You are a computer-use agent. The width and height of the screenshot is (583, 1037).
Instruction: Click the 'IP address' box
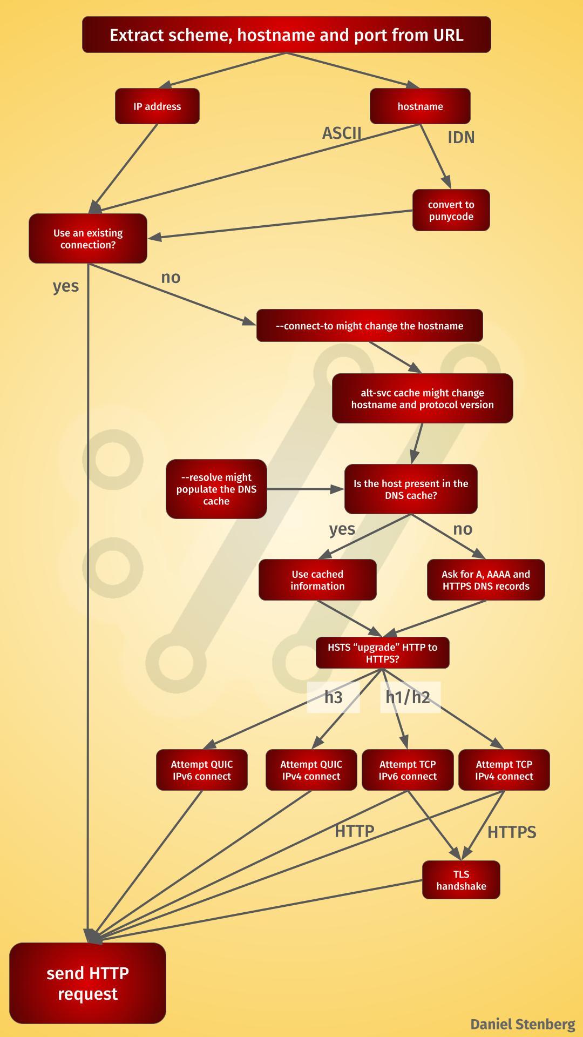pos(157,106)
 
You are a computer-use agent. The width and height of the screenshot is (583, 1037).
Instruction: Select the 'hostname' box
pos(420,106)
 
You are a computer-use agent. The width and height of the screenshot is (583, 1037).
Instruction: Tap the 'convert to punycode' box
pos(451,210)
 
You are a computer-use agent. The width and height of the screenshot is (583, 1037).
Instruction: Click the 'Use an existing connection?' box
pos(88,239)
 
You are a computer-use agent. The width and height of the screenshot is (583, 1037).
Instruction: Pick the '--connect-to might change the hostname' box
pos(369,326)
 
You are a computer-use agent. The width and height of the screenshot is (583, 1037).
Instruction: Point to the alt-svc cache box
pos(422,399)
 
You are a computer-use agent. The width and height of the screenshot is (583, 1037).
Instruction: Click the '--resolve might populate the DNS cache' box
pos(216,489)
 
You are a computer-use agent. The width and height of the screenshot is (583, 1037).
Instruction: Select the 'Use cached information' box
pos(317,580)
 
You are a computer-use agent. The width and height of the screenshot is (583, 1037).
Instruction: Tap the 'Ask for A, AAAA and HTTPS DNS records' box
pos(486,580)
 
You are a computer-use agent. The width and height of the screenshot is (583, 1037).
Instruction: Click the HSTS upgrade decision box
pos(382,653)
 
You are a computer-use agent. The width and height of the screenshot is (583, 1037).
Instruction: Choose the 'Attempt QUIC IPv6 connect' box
pos(202,770)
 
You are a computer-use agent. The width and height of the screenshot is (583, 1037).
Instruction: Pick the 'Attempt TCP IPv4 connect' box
pos(504,770)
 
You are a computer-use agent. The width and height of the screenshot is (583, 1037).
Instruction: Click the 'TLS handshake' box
pos(461,880)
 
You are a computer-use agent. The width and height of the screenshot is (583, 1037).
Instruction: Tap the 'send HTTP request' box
pos(87,983)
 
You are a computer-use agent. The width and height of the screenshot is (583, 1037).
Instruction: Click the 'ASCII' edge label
pos(342,133)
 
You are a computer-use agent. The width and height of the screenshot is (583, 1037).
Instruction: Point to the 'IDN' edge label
pos(461,138)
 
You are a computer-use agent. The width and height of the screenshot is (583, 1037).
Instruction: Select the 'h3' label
pos(333,697)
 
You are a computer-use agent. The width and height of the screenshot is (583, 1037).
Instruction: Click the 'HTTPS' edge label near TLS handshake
pos(512,832)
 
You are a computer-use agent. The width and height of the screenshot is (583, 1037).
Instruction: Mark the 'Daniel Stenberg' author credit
pos(523,1024)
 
